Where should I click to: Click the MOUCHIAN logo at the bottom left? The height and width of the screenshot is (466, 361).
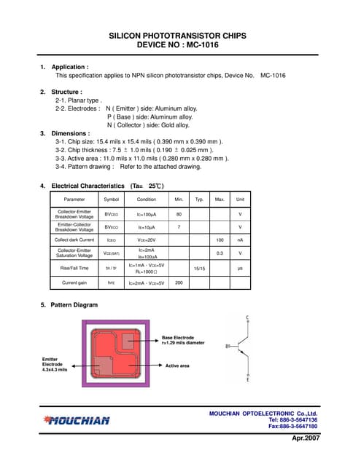coord(77,419)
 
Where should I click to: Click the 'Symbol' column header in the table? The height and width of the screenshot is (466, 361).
coord(111,199)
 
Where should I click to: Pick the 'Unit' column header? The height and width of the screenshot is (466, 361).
coord(240,199)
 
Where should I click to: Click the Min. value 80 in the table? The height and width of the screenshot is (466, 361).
coord(178,214)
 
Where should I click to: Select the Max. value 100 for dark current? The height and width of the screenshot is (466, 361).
coord(219,240)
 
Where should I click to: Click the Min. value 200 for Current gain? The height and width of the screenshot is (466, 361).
coord(178,283)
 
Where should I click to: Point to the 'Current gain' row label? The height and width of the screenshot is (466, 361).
coord(74,283)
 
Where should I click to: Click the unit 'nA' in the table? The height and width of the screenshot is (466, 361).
coord(240,240)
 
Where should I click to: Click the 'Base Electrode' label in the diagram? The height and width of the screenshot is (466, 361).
coord(178,338)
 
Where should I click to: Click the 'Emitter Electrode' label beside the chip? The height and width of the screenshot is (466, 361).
coord(55,363)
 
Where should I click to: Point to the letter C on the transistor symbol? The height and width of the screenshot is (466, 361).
coord(248,318)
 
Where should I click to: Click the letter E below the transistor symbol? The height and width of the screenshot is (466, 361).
coord(248,380)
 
